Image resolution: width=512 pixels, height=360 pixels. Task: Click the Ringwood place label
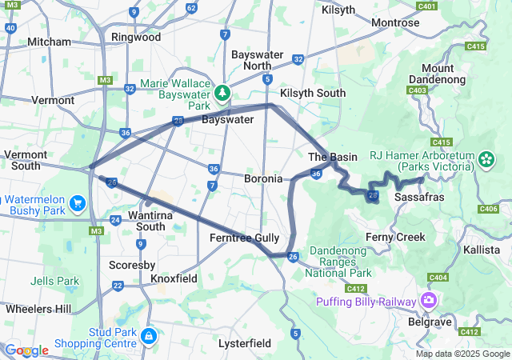pyautogui.click(x=136, y=37)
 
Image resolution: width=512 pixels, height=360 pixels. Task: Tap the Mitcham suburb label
pyautogui.click(x=49, y=42)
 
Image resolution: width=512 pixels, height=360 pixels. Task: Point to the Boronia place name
pyautogui.click(x=263, y=178)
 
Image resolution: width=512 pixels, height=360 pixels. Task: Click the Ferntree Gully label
pyautogui.click(x=244, y=238)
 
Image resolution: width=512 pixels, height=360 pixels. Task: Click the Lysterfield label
pyautogui.click(x=245, y=343)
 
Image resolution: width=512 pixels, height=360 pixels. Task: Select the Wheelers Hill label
pyautogui.click(x=38, y=309)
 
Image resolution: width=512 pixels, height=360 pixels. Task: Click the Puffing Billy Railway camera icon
pyautogui.click(x=430, y=301)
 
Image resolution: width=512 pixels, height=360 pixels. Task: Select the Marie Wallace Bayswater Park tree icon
pyautogui.click(x=222, y=93)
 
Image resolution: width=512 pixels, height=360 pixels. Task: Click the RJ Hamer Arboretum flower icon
pyautogui.click(x=486, y=160)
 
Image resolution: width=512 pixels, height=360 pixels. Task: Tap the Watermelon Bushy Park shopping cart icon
pyautogui.click(x=78, y=203)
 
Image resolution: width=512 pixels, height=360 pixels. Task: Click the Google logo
pyautogui.click(x=26, y=350)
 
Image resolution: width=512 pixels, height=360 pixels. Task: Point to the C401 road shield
pyautogui.click(x=426, y=6)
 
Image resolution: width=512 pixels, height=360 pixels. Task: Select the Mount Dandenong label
pyautogui.click(x=433, y=74)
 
